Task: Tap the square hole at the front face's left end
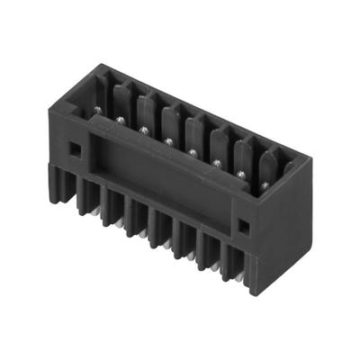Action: coord(76,148)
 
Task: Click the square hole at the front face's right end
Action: coord(242,222)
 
